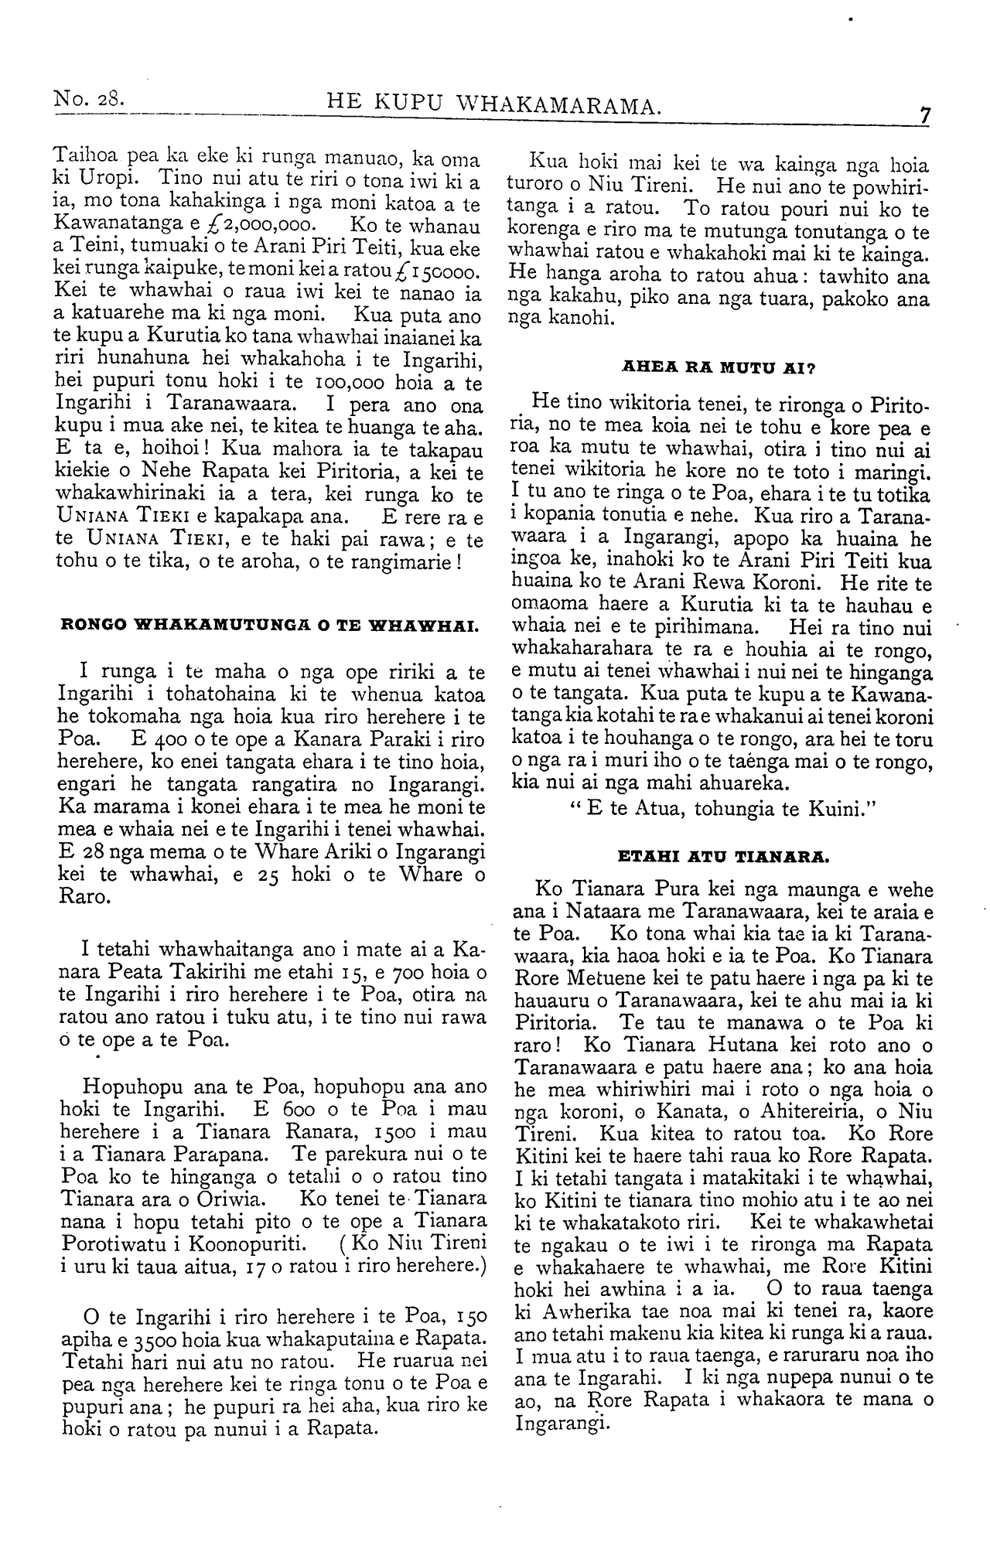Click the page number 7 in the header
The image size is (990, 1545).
coord(923,114)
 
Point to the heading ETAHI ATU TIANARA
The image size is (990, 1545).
coord(723,857)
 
